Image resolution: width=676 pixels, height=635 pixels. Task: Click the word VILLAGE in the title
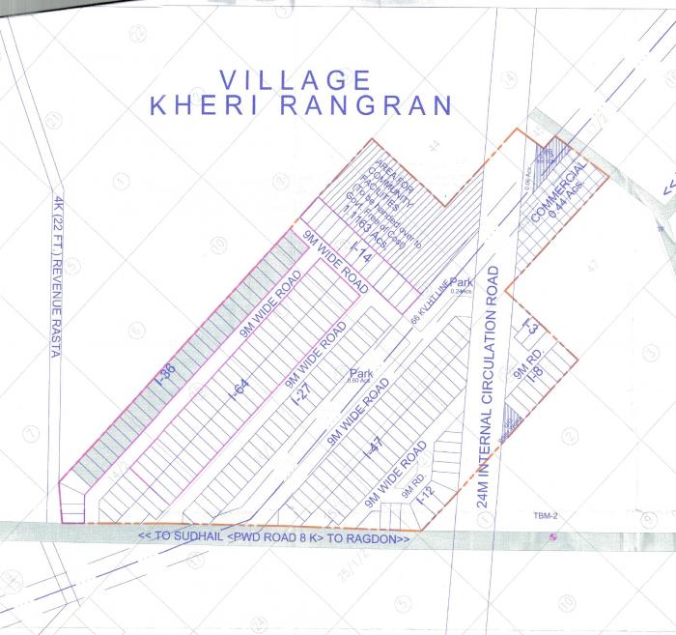[295, 79]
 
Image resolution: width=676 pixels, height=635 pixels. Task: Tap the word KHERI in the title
[208, 105]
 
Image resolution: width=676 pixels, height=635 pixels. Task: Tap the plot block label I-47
[374, 447]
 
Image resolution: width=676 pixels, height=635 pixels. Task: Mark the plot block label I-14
[360, 255]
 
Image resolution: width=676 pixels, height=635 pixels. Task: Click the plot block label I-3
[528, 327]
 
